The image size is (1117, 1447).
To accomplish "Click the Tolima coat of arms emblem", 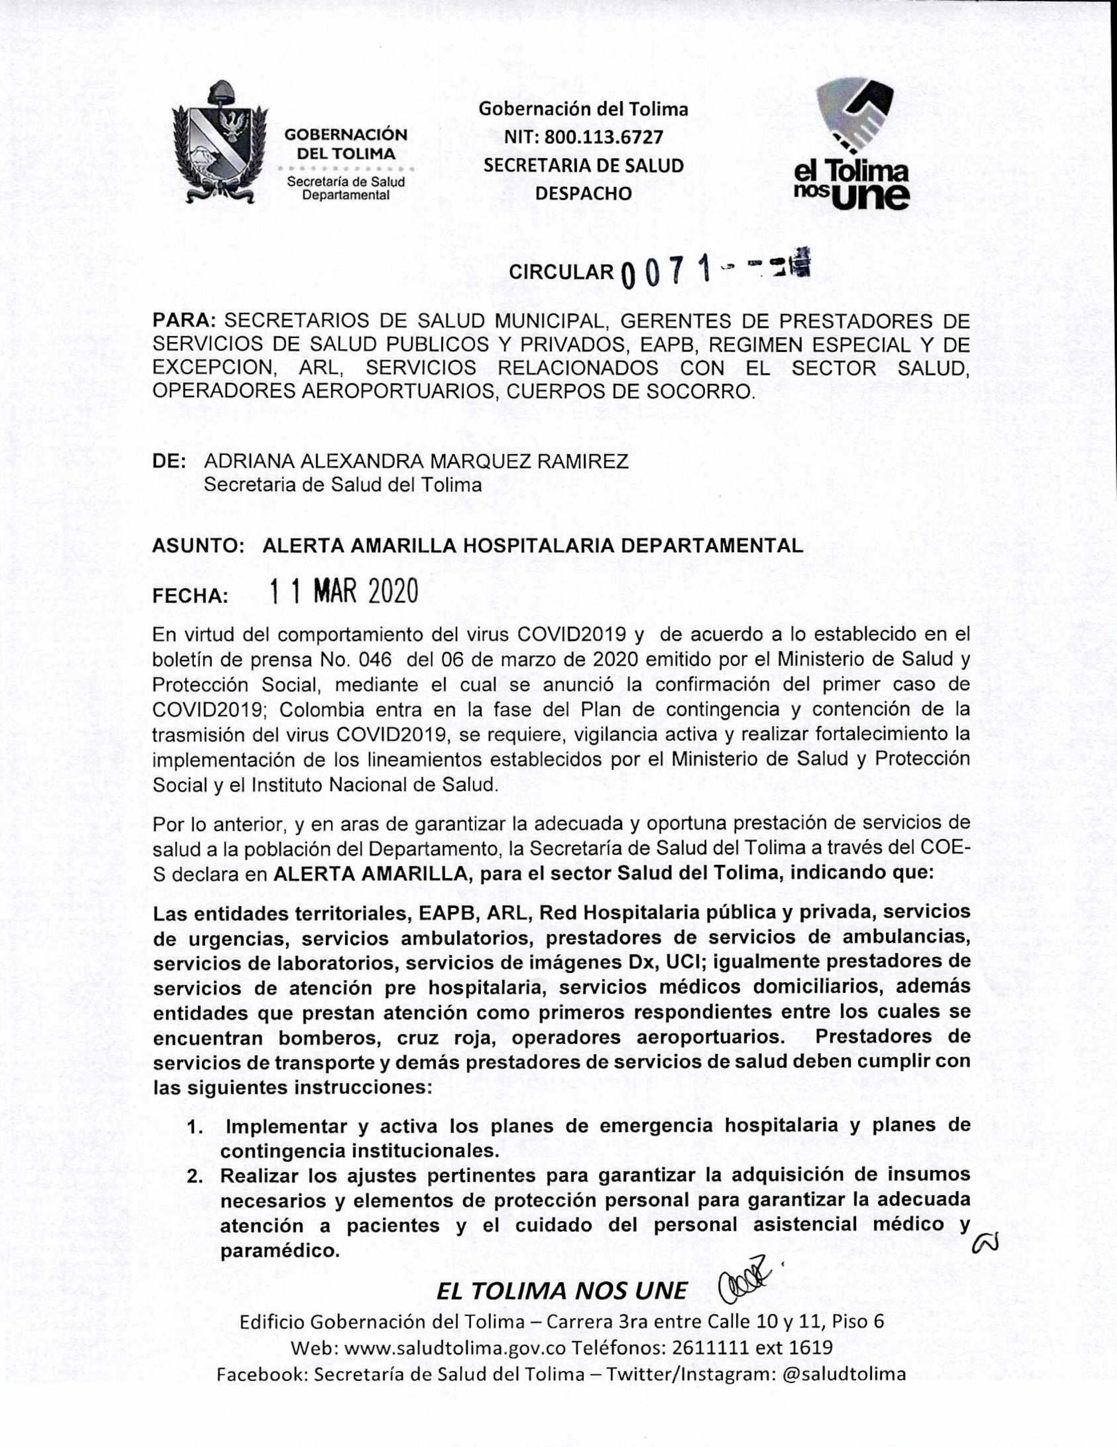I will coord(219,142).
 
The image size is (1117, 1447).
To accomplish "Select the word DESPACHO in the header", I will coord(583,193).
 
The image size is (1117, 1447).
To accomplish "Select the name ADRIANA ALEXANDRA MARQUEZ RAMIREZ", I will coord(416,461).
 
